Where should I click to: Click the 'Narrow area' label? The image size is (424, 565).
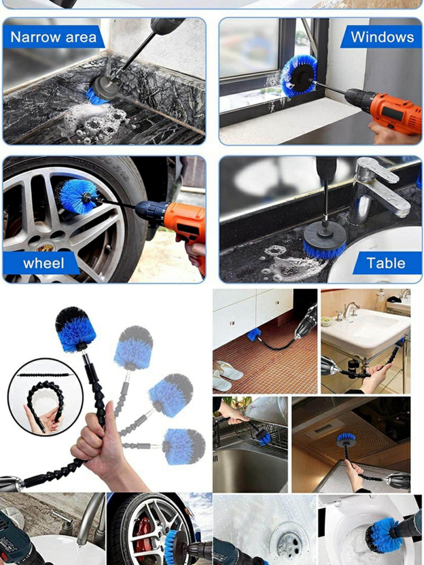click(x=53, y=37)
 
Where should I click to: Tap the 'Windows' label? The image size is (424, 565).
click(x=382, y=37)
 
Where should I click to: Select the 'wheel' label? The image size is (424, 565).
click(x=44, y=263)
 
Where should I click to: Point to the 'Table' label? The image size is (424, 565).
click(x=386, y=263)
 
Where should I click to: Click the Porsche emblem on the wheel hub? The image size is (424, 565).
click(x=45, y=248)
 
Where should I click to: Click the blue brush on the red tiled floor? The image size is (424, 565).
click(x=255, y=335)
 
